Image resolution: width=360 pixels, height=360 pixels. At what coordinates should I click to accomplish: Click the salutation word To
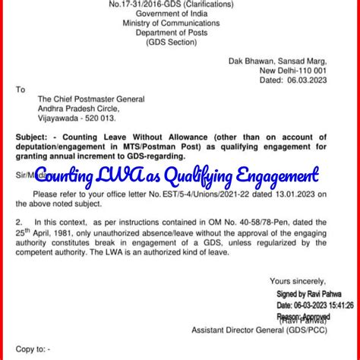pos(21,89)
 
